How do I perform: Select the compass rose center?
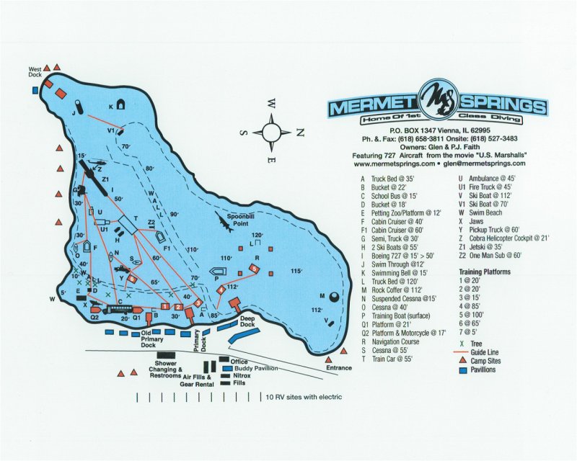pyautogui.click(x=272, y=132)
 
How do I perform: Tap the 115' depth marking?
pyautogui.click(x=295, y=270)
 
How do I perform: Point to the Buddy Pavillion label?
pyautogui.click(x=255, y=368)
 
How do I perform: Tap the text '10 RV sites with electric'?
pyautogui.click(x=304, y=397)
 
